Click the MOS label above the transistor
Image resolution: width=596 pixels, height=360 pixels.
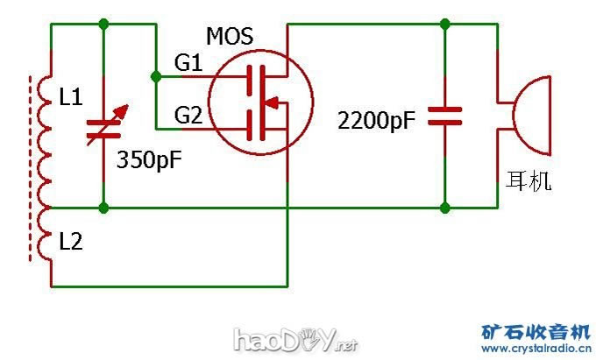(230, 37)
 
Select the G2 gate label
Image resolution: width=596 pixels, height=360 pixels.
(188, 115)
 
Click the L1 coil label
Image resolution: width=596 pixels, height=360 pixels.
(71, 98)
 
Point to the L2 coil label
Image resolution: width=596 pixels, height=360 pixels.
(71, 243)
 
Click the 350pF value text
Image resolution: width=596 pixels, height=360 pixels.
(150, 160)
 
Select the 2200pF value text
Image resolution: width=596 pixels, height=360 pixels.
(377, 119)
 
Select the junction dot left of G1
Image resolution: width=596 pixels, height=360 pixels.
(156, 77)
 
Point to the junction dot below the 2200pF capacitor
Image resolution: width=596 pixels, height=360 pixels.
(446, 208)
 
